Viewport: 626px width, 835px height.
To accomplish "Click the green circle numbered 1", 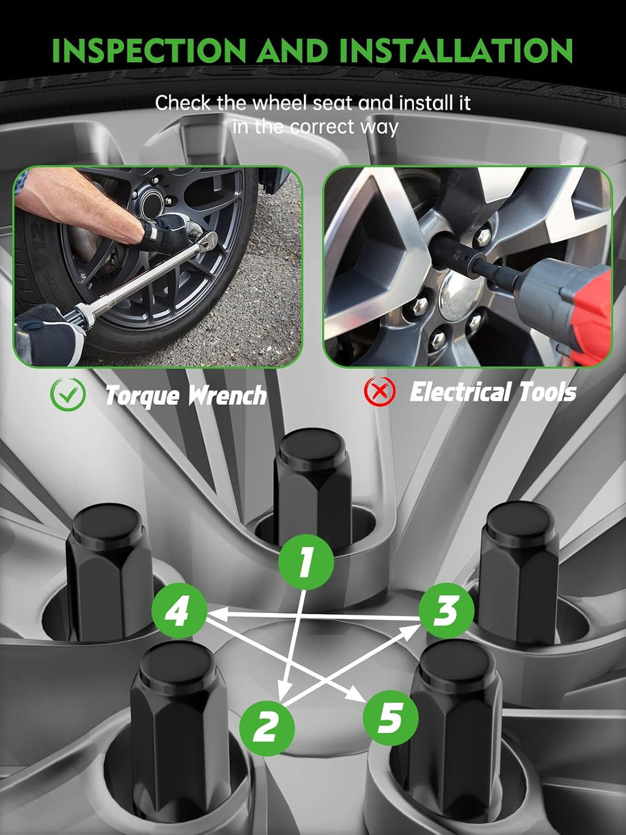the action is coord(306,562).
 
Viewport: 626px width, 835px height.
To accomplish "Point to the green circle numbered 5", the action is coord(391,718).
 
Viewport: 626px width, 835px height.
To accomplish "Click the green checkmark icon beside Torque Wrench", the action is coord(68,395).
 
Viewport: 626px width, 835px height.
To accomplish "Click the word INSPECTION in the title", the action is coord(149,50).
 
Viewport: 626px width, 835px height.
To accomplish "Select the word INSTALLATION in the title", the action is coord(456,50).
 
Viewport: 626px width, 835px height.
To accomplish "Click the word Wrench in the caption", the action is coord(227,395).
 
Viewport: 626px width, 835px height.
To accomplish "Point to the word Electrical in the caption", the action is coord(461,392).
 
